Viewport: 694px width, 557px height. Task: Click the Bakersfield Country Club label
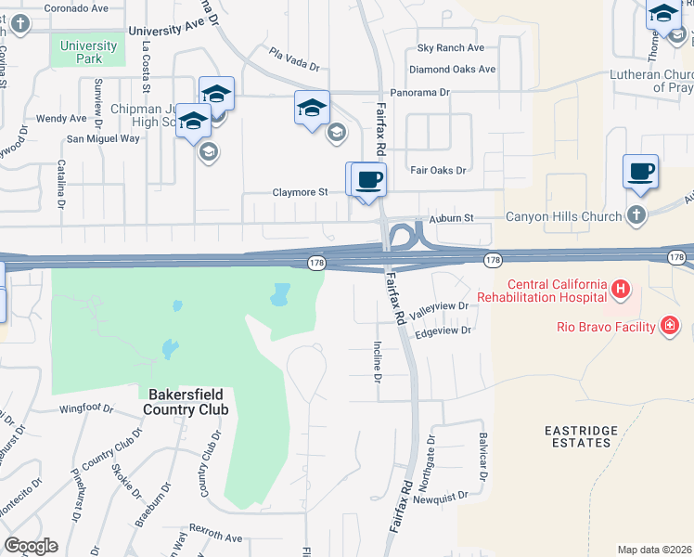188,401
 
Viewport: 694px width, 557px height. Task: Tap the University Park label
88,52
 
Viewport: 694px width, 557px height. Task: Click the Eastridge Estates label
578,436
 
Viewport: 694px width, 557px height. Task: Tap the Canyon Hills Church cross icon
636,216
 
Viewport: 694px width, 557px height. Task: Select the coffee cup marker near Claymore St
368,179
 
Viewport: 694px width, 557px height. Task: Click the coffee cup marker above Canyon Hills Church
641,172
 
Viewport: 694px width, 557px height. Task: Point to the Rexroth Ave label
215,538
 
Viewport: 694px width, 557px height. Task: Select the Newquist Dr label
444,498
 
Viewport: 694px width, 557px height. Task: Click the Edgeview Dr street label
444,330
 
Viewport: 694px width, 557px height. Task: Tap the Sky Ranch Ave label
451,48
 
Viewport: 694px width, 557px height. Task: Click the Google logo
31,546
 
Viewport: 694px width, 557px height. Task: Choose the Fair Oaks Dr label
437,171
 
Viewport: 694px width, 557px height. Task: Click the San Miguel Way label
102,138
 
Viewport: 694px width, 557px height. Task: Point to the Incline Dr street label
378,361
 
